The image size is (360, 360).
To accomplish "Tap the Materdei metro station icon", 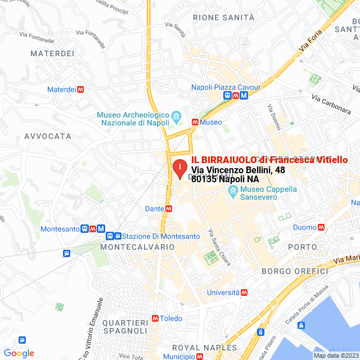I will coord(82,89).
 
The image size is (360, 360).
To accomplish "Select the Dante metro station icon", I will coord(169,209).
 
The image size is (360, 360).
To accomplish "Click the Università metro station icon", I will coord(244,292).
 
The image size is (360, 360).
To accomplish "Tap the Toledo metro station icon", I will coord(155,318).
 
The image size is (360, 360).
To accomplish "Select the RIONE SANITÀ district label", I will coord(223,17).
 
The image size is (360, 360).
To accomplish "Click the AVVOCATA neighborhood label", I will coord(48,136).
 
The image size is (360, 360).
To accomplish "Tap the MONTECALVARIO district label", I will coord(137,247).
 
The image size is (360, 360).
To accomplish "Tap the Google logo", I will coord(19,353).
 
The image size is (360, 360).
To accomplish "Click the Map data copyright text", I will coord(335,355).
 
